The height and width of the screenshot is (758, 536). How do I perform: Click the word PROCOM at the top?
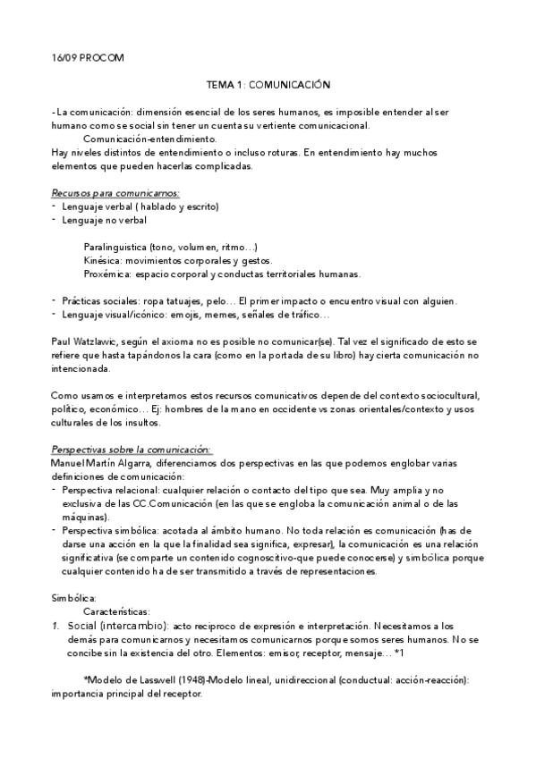(100, 58)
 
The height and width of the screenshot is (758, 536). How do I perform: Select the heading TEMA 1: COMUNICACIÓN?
(268, 85)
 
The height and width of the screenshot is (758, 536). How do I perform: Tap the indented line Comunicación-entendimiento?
(149, 139)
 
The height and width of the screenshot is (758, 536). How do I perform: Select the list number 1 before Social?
(55, 625)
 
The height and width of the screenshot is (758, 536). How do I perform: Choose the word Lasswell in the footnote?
(158, 679)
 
